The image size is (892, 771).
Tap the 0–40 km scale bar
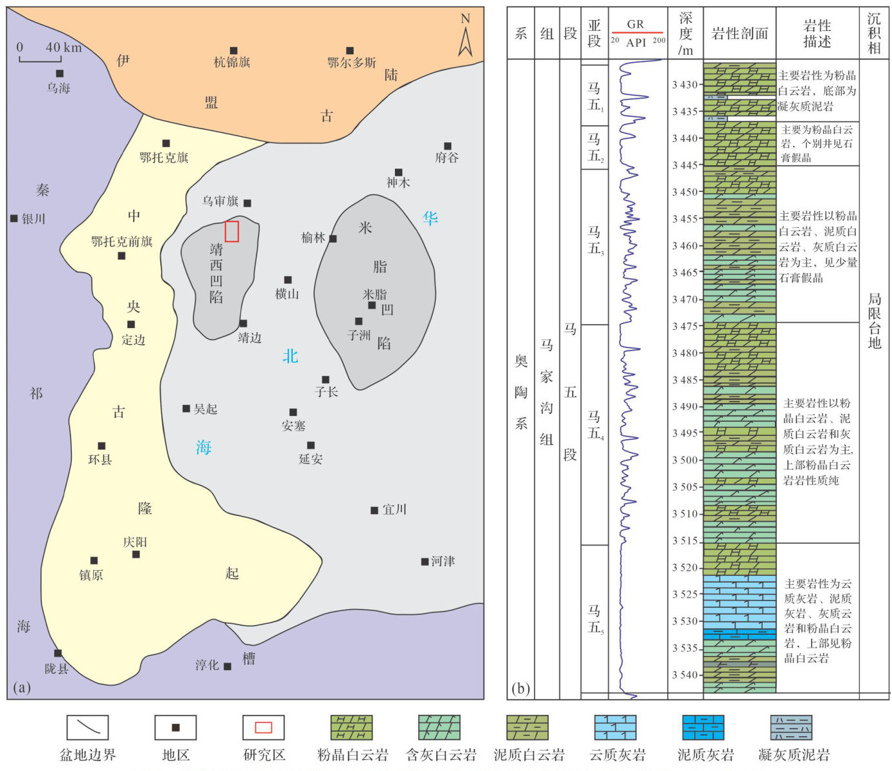tap(40, 59)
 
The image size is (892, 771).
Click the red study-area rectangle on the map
tap(232, 231)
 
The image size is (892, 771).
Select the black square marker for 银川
tap(14, 219)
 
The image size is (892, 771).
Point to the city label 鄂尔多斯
tap(352, 63)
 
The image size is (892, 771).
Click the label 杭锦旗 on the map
tap(232, 63)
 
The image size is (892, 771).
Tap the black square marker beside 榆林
tap(333, 239)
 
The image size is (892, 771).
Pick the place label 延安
tap(311, 459)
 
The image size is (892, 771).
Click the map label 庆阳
tap(135, 542)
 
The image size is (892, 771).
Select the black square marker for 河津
tap(425, 562)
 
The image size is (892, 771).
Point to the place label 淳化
tap(207, 665)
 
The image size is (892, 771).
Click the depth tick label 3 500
tap(685, 460)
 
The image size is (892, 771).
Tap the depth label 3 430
tap(685, 85)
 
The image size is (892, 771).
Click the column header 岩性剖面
tap(739, 34)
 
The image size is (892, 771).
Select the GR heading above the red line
tap(635, 24)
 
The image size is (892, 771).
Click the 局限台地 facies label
tap(874, 321)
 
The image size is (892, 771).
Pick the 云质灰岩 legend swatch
tap(615, 728)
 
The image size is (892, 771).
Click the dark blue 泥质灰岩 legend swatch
tap(703, 728)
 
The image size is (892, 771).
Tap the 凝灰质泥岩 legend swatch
tap(791, 728)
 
